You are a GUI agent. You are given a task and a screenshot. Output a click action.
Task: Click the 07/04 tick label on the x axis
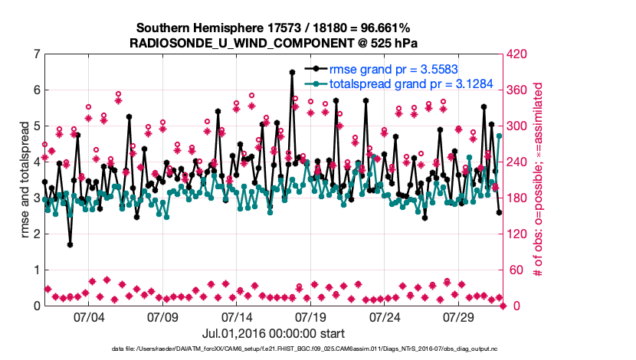(88, 316)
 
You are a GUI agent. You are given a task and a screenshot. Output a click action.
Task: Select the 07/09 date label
(162, 316)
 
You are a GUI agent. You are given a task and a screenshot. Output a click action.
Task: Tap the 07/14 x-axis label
(237, 316)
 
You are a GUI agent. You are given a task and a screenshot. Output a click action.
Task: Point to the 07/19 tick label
(311, 316)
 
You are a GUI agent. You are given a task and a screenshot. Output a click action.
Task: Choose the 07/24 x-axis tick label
(385, 316)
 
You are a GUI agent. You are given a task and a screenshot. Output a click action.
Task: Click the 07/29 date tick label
(460, 316)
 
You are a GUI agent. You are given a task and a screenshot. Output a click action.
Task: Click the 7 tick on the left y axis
(36, 54)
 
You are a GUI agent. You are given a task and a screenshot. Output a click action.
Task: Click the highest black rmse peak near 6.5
(292, 72)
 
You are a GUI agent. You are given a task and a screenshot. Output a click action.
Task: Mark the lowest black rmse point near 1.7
(70, 245)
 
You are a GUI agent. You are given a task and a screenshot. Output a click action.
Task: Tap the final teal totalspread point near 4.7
(499, 136)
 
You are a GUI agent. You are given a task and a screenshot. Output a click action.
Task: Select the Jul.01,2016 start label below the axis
(274, 333)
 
